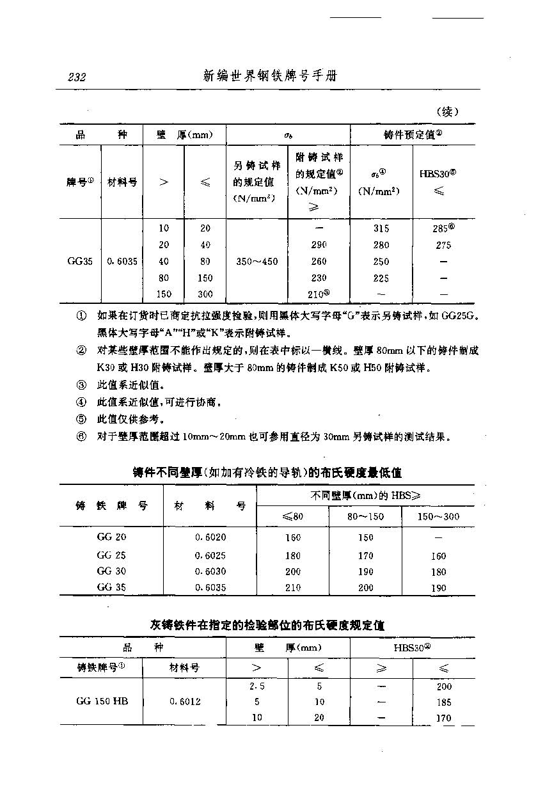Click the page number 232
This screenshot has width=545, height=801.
(x=77, y=77)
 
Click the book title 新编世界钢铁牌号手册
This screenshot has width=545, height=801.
(x=270, y=76)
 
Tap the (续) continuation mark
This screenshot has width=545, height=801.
(x=448, y=112)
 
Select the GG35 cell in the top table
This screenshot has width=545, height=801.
(x=80, y=261)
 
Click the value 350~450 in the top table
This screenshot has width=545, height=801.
(x=257, y=261)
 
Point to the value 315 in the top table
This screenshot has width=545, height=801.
(x=381, y=228)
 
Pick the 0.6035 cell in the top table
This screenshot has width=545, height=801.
(x=122, y=261)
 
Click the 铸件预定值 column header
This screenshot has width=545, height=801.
(x=413, y=134)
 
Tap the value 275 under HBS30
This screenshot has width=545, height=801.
(x=443, y=245)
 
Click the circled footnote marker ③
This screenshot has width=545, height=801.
(x=81, y=385)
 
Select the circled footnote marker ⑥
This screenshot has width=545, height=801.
(x=81, y=438)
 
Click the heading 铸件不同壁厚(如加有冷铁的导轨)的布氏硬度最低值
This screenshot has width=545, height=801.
(x=267, y=473)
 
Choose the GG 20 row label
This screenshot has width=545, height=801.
(x=111, y=537)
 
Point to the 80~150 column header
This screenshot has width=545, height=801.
(x=365, y=516)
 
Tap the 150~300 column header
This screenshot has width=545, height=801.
(x=438, y=516)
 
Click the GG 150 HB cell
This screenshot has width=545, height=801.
(x=102, y=701)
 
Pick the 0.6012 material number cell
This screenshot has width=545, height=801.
(x=185, y=701)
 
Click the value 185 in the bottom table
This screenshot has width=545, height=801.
(x=444, y=702)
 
